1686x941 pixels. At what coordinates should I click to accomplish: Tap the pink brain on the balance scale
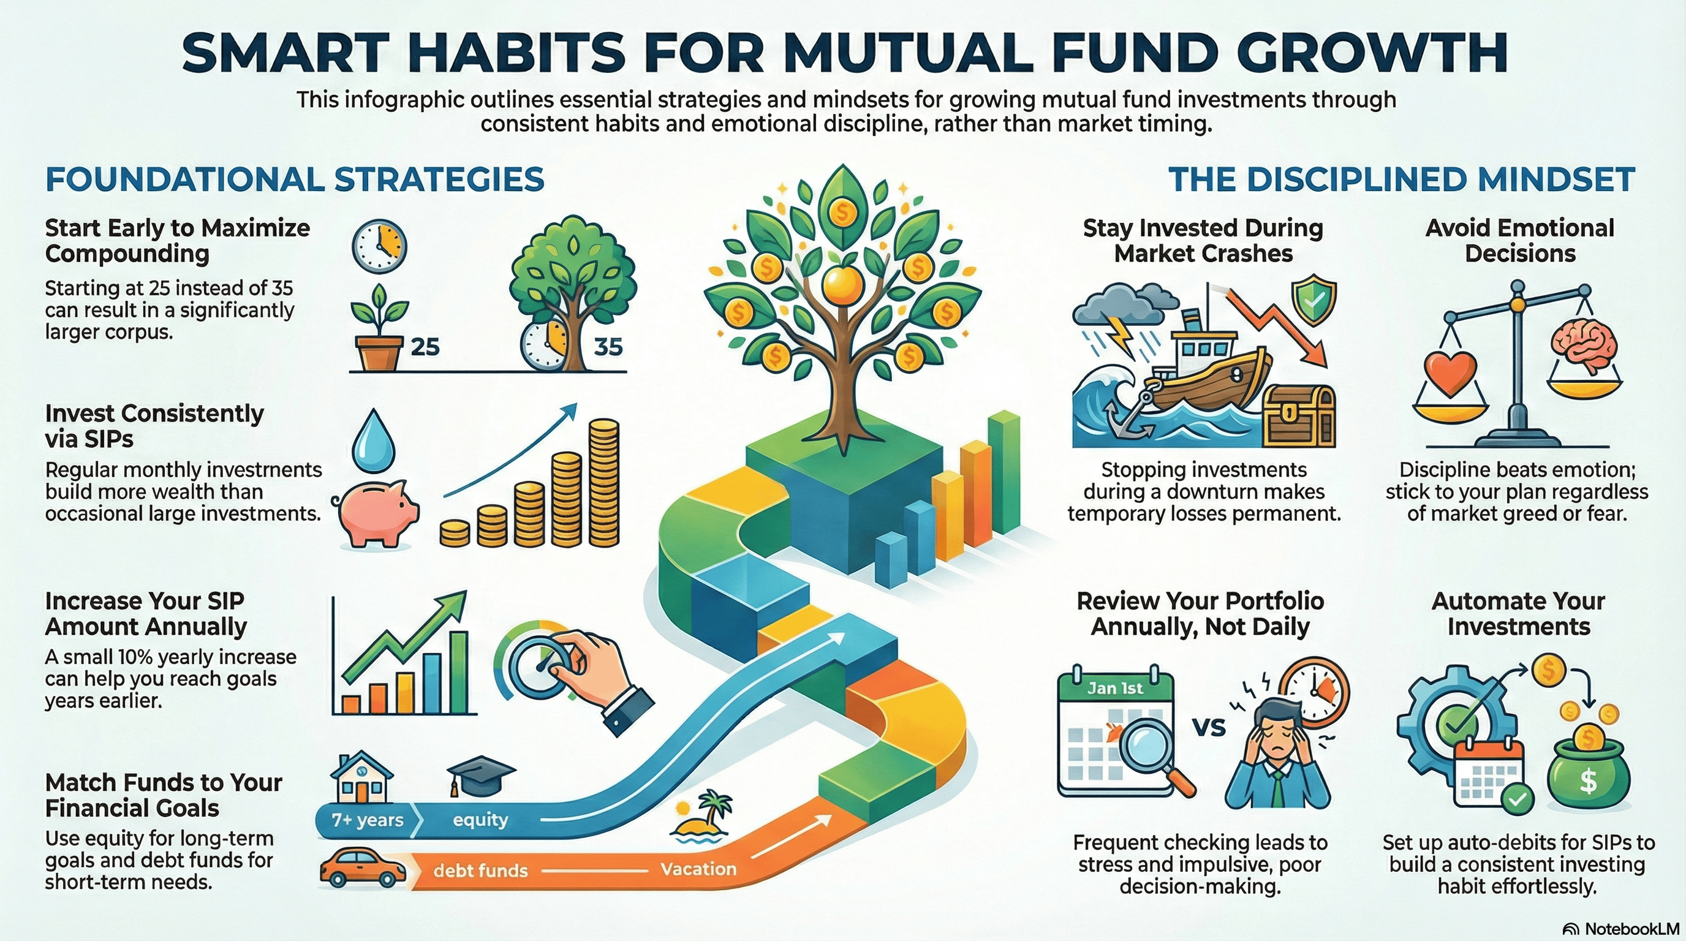coord(1584,347)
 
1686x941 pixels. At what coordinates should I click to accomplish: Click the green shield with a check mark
coord(1314,301)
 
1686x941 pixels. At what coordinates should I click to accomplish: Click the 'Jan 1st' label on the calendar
coord(1115,688)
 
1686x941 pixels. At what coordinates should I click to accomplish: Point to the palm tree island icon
coord(702,816)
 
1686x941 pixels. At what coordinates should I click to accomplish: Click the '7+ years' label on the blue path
coord(367,820)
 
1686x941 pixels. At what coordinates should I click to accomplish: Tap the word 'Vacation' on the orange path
coord(698,869)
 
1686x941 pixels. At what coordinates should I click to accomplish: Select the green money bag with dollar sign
coord(1588,776)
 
